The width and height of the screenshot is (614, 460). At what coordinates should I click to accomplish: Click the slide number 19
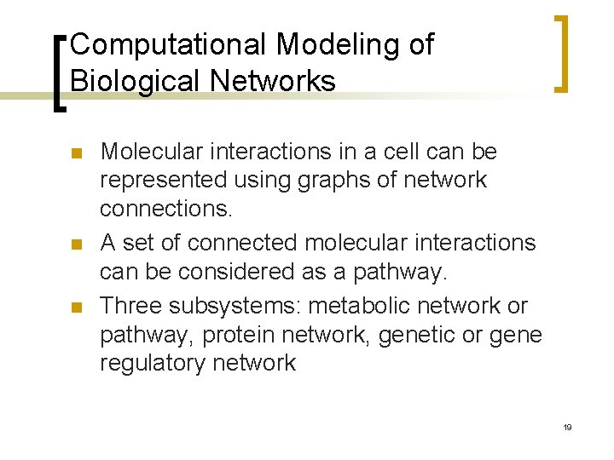tap(567, 427)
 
